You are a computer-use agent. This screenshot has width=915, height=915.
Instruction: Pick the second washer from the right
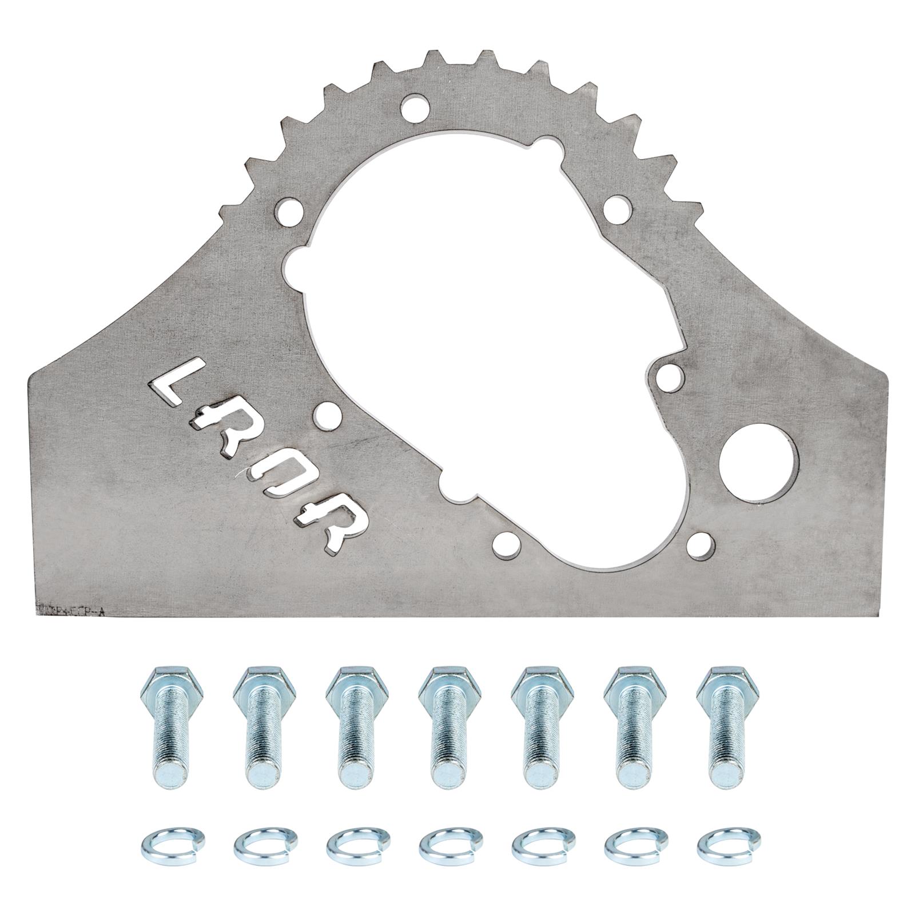[627, 843]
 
